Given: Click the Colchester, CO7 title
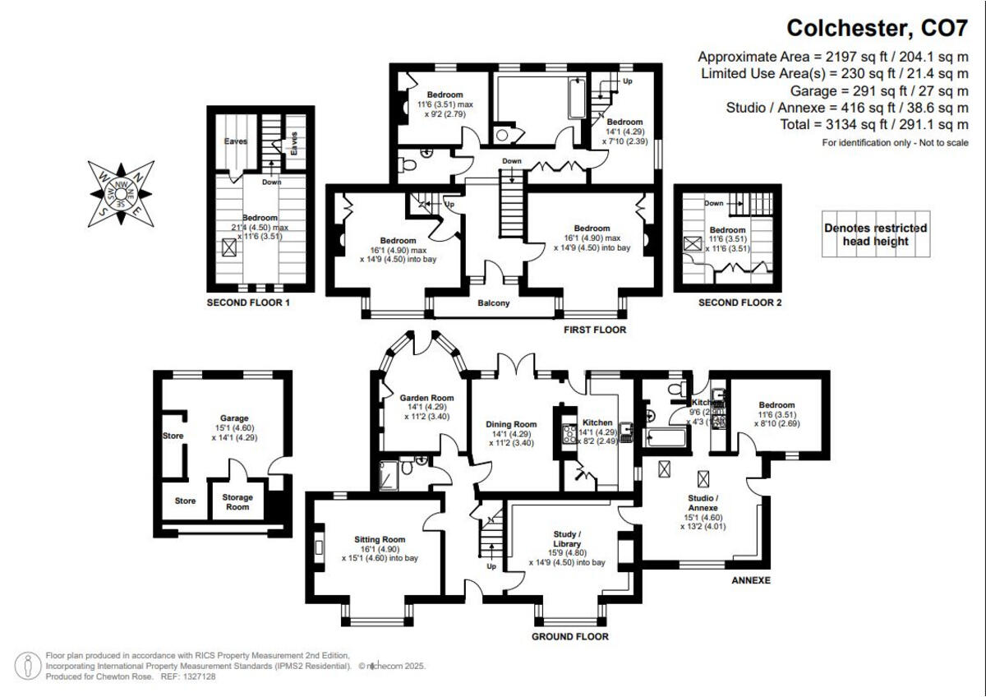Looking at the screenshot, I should tap(878, 28).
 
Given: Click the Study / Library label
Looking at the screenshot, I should tap(567, 538).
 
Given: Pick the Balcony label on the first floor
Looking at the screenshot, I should tap(494, 303).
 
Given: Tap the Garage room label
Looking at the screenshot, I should tap(233, 418).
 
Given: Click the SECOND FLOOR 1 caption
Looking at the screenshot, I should tap(248, 303).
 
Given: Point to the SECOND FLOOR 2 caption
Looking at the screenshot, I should tap(739, 303).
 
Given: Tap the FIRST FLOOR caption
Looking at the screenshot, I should tap(594, 330).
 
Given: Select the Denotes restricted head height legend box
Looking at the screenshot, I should tap(875, 234).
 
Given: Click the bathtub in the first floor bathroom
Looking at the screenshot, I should tap(573, 101).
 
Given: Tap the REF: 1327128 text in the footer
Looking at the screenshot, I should tap(187, 676).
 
